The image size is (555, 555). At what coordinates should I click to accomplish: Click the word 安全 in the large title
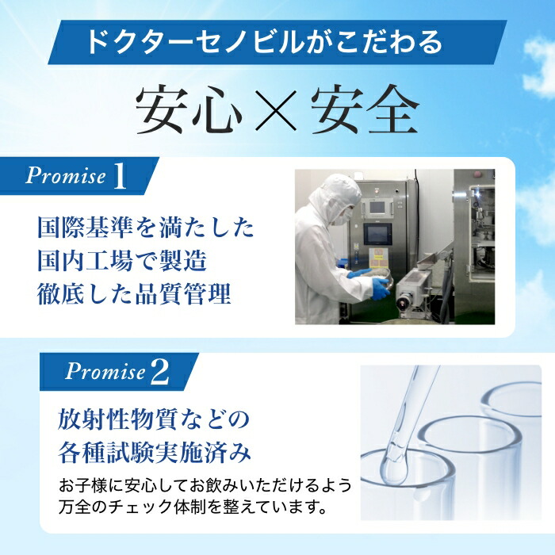pos(364,107)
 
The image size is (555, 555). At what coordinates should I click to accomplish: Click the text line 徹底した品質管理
pos(134,295)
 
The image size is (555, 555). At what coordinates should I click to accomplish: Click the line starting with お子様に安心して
pos(205,484)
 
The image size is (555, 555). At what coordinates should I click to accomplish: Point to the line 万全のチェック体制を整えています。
pos(193,505)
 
